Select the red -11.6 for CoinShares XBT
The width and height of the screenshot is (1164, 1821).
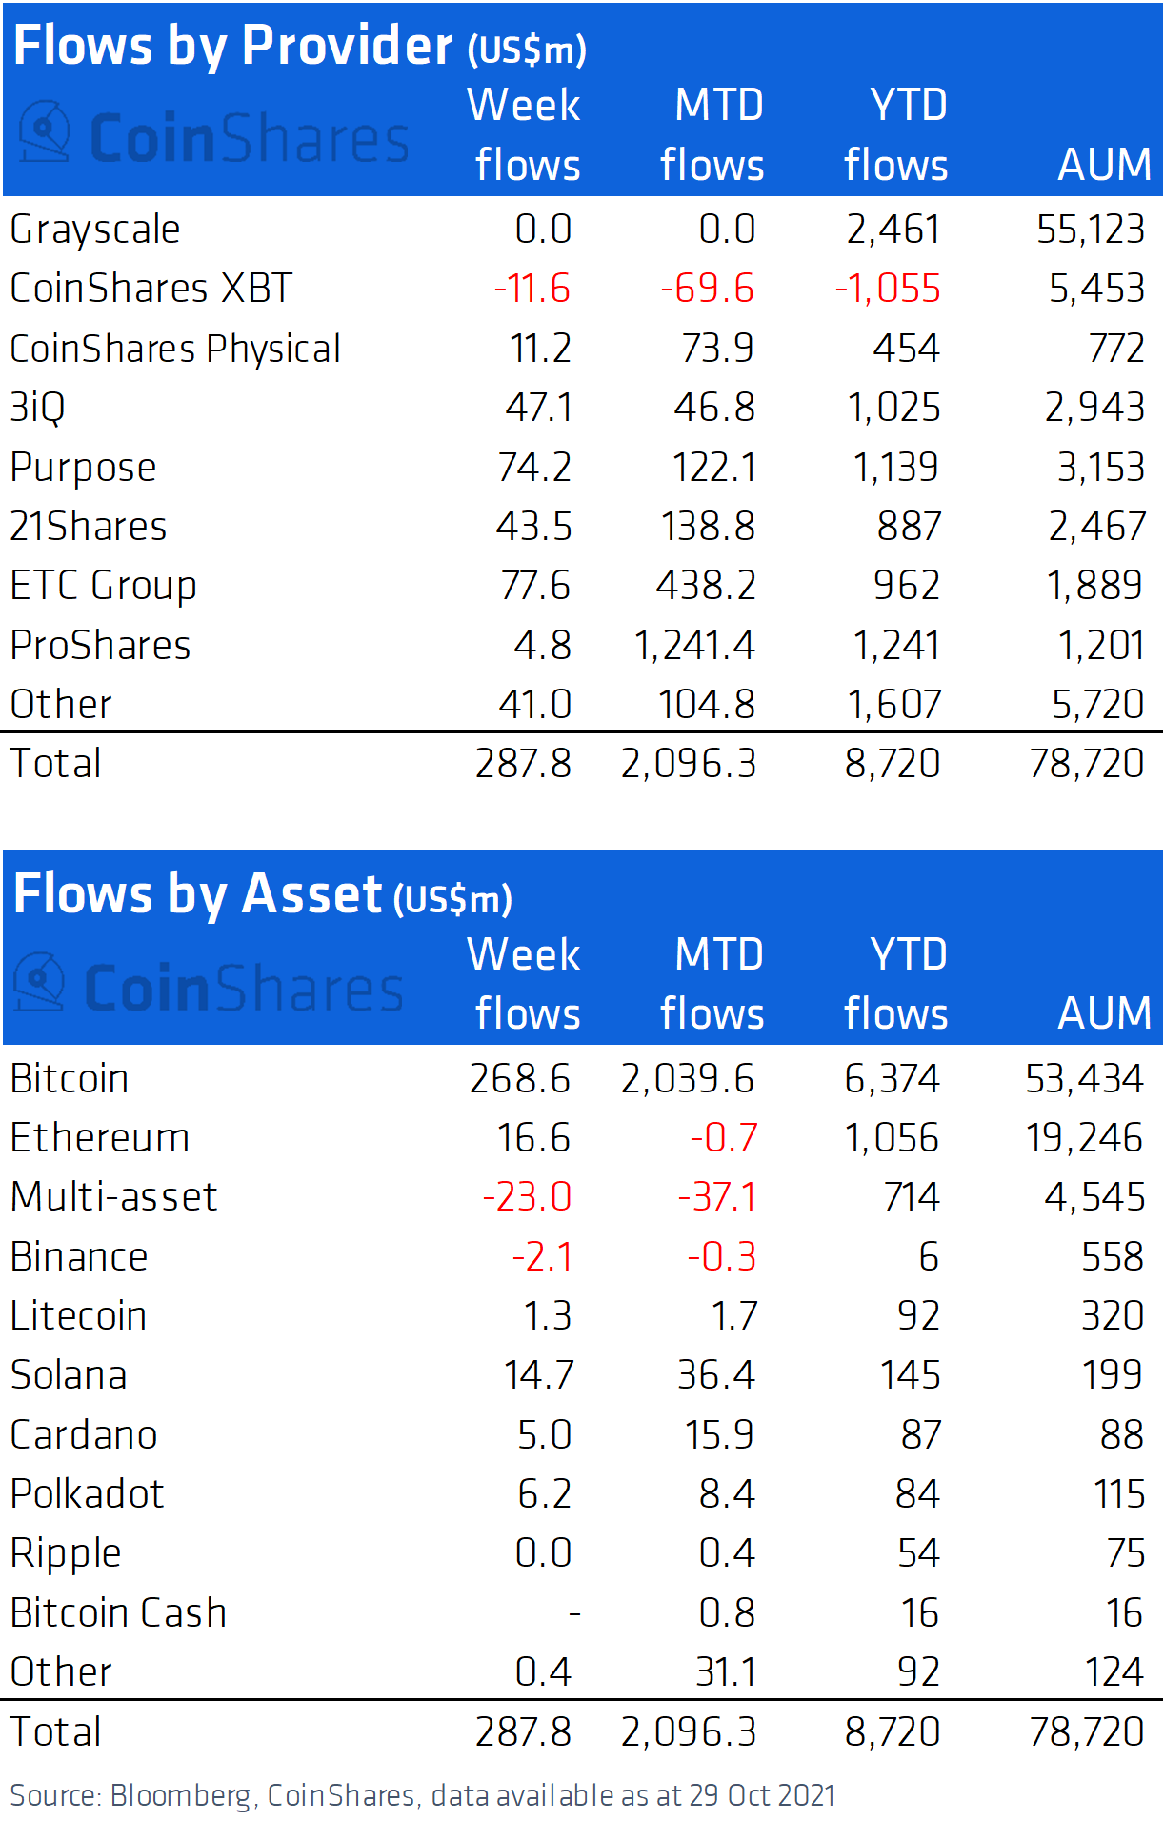point(532,289)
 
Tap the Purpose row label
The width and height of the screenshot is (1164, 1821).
point(84,468)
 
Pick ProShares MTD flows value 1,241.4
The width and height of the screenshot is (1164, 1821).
point(694,646)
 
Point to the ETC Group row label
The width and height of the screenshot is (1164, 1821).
point(103,586)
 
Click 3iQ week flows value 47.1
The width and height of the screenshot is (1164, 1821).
point(538,408)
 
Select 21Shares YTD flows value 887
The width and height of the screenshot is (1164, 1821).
point(909,527)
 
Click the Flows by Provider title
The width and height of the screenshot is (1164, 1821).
point(299,46)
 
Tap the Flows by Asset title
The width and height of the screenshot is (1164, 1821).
point(263,895)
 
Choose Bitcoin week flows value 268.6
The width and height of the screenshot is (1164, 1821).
point(520,1079)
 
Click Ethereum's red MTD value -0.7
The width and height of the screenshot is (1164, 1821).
point(723,1138)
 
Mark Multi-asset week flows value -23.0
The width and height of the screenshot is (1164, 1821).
point(527,1197)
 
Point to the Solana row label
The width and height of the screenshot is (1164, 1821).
point(69,1375)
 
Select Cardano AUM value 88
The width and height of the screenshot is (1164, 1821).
point(1121,1435)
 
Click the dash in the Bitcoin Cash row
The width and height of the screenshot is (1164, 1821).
point(574,1613)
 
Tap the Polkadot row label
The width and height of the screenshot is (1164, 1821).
point(87,1494)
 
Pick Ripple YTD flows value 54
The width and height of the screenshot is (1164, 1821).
point(918,1553)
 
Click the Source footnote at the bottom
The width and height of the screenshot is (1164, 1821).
point(422,1795)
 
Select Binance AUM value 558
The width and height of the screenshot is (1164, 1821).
point(1112,1257)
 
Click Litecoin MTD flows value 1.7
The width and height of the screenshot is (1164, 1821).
point(733,1316)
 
